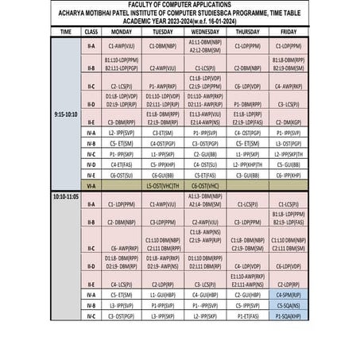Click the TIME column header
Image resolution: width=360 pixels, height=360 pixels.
click(x=65, y=31)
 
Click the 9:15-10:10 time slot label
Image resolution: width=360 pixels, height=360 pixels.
click(x=65, y=114)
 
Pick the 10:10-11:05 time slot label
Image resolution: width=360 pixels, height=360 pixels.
click(x=65, y=195)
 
